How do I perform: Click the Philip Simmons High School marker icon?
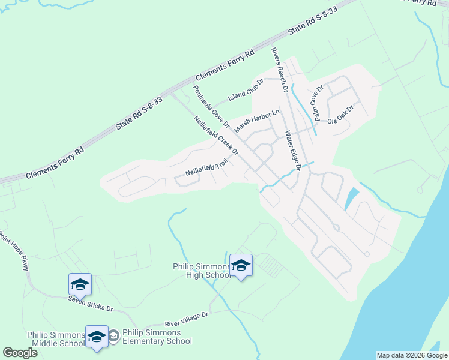pos(241,265)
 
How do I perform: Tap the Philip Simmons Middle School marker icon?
pos(96,337)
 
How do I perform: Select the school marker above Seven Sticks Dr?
pos(80,284)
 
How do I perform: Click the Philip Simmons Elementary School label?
pos(157,337)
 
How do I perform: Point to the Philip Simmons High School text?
pos(202,271)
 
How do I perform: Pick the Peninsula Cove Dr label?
pos(211,106)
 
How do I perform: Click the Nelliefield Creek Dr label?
pos(217,135)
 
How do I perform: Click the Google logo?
pos(20,353)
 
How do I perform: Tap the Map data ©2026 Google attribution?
pos(412,355)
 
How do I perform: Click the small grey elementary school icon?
pos(113,337)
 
